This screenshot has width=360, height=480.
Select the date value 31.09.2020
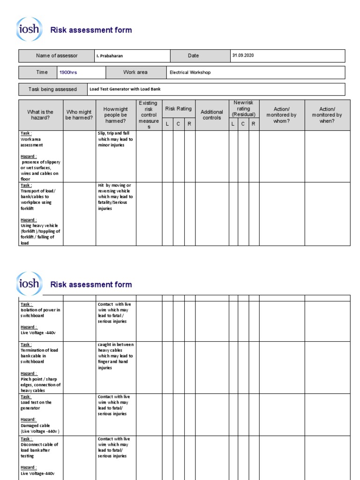[243, 55]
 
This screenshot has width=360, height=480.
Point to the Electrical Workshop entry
[190, 73]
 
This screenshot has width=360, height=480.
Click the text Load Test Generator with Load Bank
[125, 89]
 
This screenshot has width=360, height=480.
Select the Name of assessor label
[57, 56]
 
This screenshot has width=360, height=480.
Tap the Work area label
[135, 72]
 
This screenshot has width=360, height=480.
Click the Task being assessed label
[52, 89]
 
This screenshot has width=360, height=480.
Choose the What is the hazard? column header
[40, 115]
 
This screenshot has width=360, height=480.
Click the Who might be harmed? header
[79, 115]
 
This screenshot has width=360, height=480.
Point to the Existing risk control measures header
[149, 115]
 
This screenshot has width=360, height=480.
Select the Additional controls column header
[212, 115]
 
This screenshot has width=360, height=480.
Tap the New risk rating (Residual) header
[243, 108]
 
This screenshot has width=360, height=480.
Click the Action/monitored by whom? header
[281, 115]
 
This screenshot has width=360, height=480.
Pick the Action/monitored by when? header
[327, 115]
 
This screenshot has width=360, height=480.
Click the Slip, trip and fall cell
[116, 139]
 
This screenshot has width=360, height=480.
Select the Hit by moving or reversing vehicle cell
[116, 197]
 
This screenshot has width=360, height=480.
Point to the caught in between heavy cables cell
[116, 356]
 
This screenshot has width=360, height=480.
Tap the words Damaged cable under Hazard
[34, 426]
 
